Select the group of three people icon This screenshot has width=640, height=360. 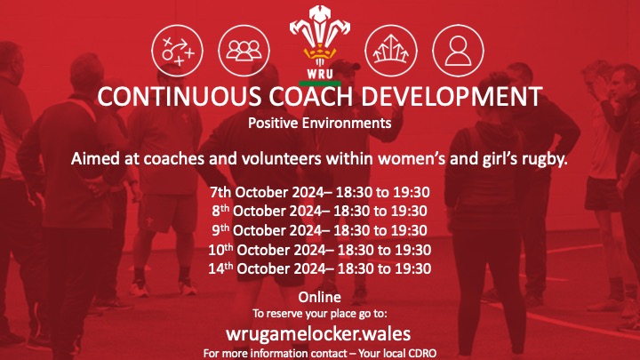[239, 48]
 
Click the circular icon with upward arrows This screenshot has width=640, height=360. [393, 48]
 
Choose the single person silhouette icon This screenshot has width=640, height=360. [457, 48]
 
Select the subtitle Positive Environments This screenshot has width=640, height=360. [319, 123]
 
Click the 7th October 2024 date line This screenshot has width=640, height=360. [319, 192]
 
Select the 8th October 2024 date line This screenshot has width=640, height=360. [319, 211]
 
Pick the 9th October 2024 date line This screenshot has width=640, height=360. [319, 230]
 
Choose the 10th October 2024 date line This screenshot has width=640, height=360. [319, 250]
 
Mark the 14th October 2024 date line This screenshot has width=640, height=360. [319, 268]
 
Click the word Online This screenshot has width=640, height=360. [319, 296]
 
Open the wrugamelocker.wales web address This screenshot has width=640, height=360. [319, 332]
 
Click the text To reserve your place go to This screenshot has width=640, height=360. [319, 313]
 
